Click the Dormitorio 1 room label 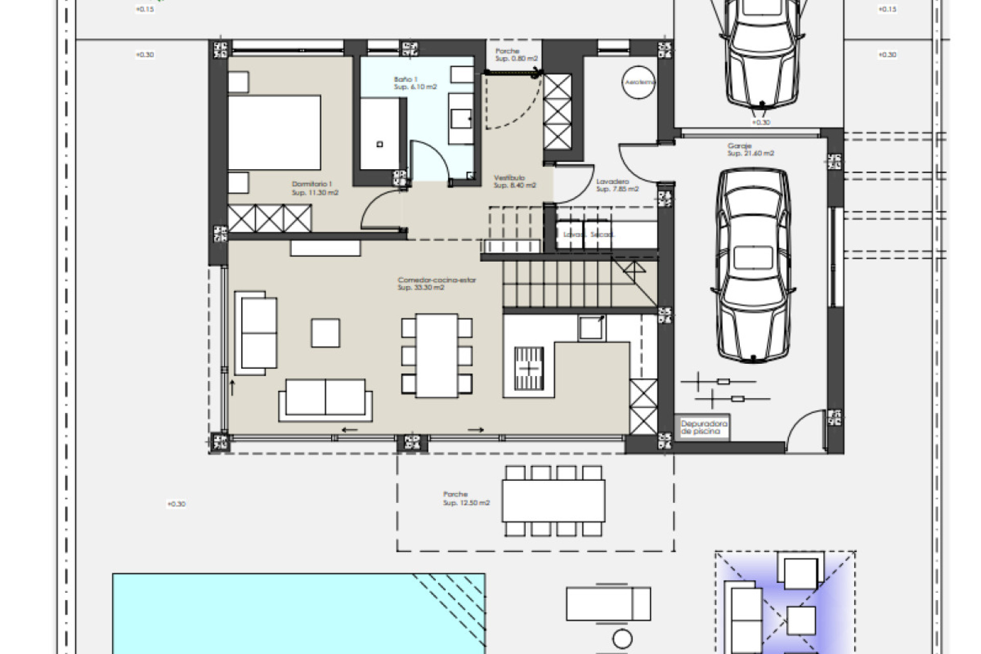click(314, 188)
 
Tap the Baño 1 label click(414, 83)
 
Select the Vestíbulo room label click(514, 181)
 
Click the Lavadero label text click(617, 185)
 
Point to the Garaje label click(750, 149)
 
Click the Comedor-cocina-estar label click(436, 284)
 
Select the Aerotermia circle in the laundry click(639, 82)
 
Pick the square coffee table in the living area click(325, 333)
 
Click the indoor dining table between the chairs click(436, 355)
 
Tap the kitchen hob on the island click(529, 368)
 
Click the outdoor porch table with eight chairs click(553, 500)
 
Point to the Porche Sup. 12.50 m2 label click(465, 498)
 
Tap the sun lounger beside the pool click(608, 603)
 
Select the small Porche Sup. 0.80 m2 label click(516, 55)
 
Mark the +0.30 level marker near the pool click(176, 504)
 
